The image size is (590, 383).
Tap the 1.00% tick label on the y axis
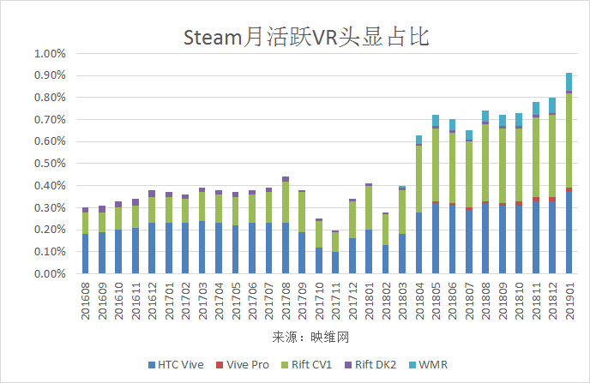pyautogui.click(x=49, y=53)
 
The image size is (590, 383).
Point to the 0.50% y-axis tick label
pyautogui.click(x=49, y=164)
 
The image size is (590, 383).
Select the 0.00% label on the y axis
pyautogui.click(x=49, y=274)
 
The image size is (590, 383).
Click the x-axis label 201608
pyautogui.click(x=85, y=301)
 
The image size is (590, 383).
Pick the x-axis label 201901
pyautogui.click(x=569, y=301)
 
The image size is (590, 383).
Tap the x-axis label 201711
pyautogui.click(x=335, y=301)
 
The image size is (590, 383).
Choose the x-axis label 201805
pyautogui.click(x=436, y=301)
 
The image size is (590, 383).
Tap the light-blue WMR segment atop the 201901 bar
pyautogui.click(x=569, y=81)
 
